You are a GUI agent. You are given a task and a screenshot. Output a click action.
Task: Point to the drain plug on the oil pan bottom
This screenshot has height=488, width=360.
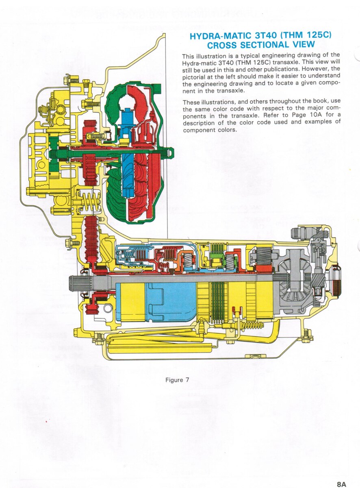pyautogui.click(x=255, y=355)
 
